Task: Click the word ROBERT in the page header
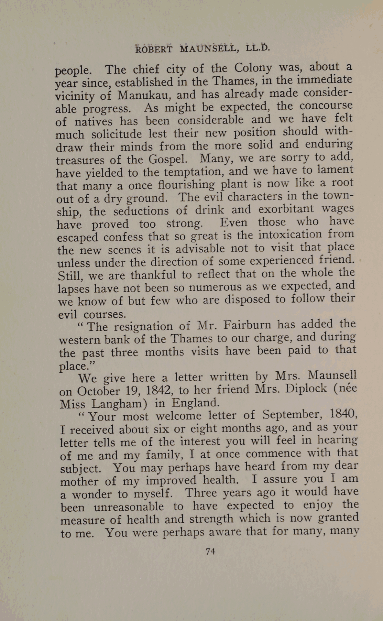154,50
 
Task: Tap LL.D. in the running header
258,47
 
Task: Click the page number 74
210,551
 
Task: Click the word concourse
326,105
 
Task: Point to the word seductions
141,211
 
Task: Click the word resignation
144,326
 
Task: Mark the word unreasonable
129,507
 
